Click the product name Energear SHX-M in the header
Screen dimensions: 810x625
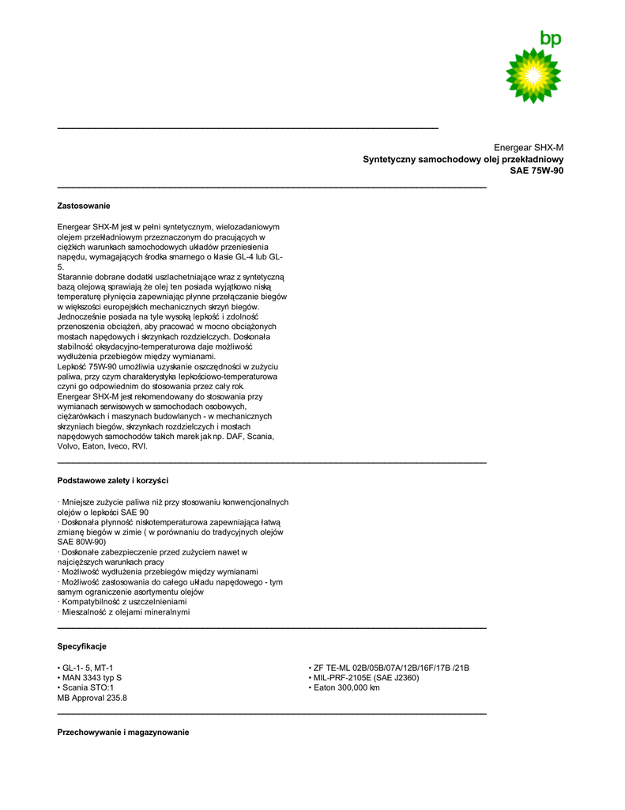point(528,148)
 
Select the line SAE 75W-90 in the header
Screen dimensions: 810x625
point(537,171)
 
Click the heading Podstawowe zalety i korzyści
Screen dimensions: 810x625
point(112,480)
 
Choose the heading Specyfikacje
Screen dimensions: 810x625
point(81,646)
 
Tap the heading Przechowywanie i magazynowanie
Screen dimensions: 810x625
point(123,732)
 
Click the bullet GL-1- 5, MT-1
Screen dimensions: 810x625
point(85,668)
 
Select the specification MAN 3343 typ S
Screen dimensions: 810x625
point(89,678)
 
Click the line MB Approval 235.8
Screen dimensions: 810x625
point(92,698)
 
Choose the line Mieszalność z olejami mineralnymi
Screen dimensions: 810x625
point(123,612)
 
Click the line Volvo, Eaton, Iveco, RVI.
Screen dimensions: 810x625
point(103,446)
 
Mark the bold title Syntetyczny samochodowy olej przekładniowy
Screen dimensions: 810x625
point(463,160)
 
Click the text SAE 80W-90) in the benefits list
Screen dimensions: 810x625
point(81,542)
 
